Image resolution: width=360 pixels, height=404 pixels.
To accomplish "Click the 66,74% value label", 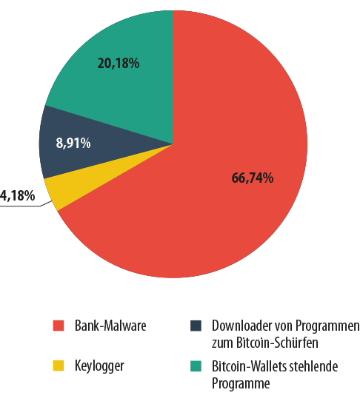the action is pyautogui.click(x=253, y=178).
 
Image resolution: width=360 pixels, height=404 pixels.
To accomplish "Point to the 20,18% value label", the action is pyautogui.click(x=119, y=63).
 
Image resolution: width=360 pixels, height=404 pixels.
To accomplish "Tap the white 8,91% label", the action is pyautogui.click(x=73, y=143).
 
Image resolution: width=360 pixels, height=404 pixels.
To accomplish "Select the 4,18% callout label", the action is pyautogui.click(x=17, y=195).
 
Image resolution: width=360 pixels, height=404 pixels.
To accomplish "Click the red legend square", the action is pyautogui.click(x=59, y=326).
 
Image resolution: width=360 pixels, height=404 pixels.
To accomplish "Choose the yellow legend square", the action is pyautogui.click(x=59, y=366).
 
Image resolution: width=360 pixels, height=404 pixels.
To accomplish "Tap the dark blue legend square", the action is pyautogui.click(x=196, y=326).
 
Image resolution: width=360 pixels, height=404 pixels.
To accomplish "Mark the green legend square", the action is pyautogui.click(x=196, y=366).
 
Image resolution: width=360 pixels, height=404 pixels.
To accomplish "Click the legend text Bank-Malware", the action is pyautogui.click(x=110, y=326).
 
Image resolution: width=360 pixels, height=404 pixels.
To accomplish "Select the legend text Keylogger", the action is pyautogui.click(x=99, y=366).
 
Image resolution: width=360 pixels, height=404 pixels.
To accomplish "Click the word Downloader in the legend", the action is pyautogui.click(x=241, y=326).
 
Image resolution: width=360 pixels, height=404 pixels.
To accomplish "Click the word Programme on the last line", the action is pyautogui.click(x=241, y=383).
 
